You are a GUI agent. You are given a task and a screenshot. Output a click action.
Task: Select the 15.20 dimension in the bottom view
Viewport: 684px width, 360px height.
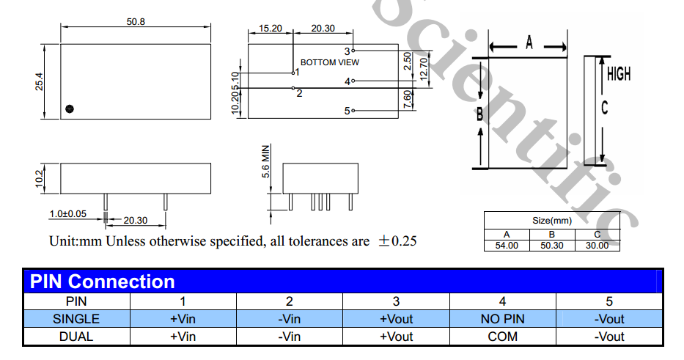tap(270, 28)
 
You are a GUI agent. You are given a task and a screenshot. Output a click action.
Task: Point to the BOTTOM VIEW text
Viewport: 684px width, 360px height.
tap(329, 62)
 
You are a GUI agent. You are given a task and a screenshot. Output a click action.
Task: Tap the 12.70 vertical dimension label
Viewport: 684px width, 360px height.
tap(423, 70)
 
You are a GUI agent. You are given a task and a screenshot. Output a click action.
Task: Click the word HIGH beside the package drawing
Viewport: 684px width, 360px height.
tap(618, 74)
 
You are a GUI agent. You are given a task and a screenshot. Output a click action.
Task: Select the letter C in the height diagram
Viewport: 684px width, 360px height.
tap(604, 108)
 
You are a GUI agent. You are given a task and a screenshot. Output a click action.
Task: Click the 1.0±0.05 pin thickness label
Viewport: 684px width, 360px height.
tap(67, 213)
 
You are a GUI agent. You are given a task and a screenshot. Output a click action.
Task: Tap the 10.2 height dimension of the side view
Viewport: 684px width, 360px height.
tap(40, 178)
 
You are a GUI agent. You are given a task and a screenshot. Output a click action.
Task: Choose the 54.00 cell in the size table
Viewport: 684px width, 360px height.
tap(506, 246)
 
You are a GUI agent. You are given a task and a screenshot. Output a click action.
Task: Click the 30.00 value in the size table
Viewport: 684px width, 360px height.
tap(597, 246)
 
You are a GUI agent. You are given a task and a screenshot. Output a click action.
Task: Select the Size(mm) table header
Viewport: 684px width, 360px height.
tap(551, 220)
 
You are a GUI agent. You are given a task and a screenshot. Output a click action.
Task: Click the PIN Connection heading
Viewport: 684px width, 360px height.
tap(101, 282)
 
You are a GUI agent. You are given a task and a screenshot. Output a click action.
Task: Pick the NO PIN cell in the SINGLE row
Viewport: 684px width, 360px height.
tap(502, 319)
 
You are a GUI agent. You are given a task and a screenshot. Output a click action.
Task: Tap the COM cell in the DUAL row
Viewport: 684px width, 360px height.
tap(502, 337)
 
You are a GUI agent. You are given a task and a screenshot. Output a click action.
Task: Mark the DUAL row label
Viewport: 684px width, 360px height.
tap(76, 337)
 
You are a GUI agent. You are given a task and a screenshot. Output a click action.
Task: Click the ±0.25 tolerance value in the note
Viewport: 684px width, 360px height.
tap(396, 240)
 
